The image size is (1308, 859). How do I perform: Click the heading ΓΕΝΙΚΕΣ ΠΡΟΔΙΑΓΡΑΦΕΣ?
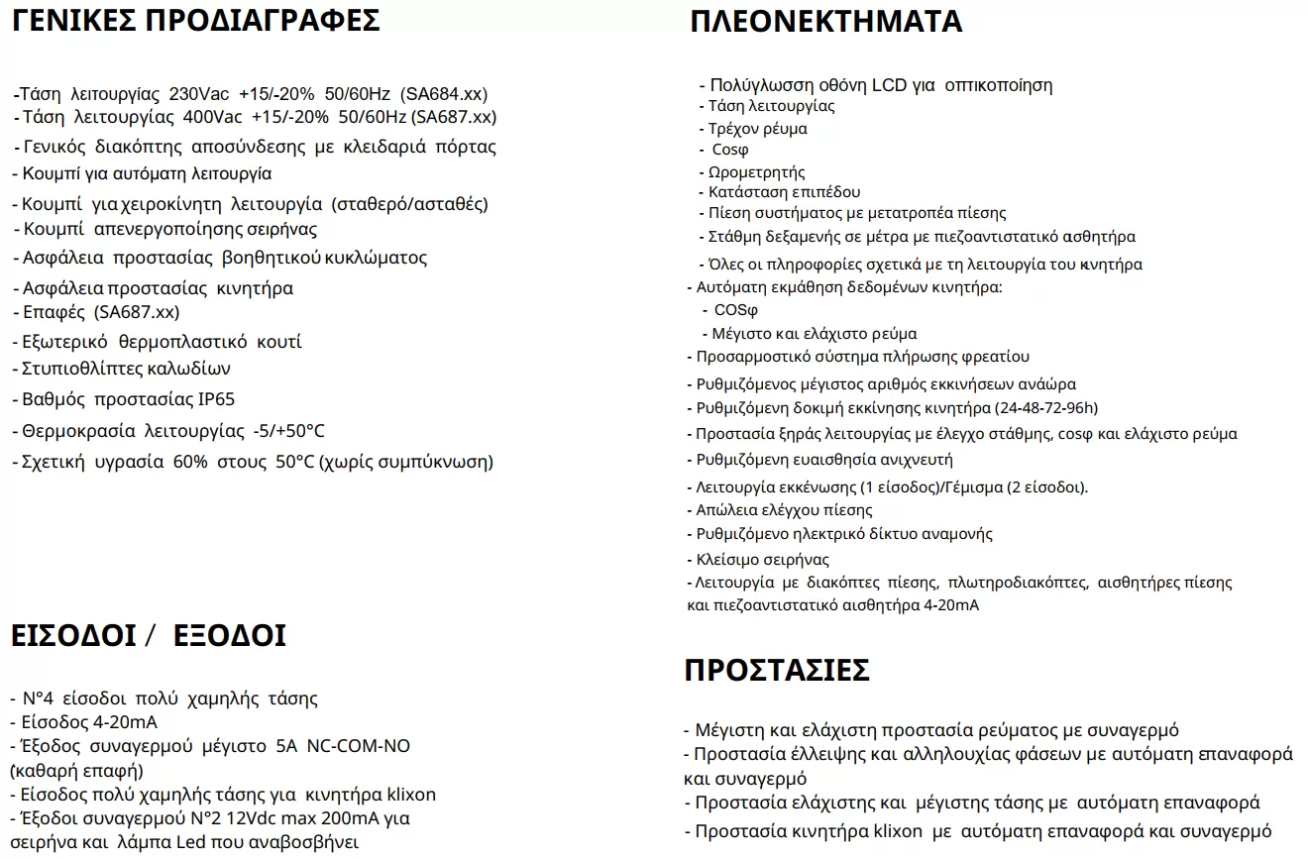pos(195,21)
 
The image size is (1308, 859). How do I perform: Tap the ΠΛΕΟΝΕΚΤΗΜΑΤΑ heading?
pos(825,22)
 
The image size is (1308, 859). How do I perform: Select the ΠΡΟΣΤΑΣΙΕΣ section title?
pos(777,671)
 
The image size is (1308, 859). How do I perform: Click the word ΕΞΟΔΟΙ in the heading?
pos(229,636)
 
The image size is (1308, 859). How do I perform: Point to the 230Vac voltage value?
pos(198,94)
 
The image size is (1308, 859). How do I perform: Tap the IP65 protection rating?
pos(217,400)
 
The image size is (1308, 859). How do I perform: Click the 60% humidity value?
pos(190,462)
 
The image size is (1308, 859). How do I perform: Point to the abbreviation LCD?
pos(889,85)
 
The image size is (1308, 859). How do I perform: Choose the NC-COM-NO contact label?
pos(359,746)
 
